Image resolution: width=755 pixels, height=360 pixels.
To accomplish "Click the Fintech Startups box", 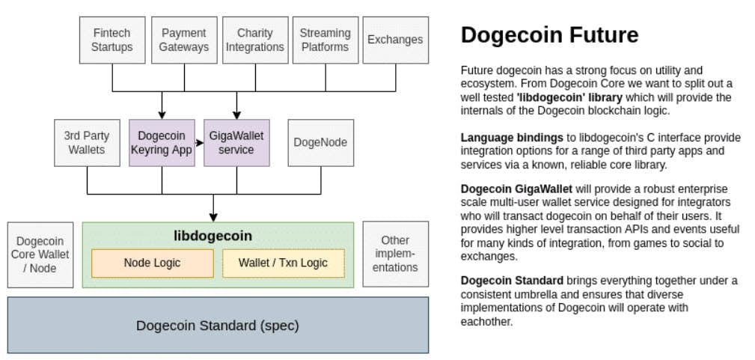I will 112,40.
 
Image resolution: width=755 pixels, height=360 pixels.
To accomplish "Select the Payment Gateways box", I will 185,40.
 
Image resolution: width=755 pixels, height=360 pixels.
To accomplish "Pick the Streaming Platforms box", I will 325,40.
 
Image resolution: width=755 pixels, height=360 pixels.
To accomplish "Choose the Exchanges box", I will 395,40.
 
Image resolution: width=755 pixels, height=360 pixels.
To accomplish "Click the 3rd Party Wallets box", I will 87,142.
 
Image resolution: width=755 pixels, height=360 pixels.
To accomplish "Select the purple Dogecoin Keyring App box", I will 162,142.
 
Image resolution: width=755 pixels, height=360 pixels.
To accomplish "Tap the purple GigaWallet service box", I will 236,142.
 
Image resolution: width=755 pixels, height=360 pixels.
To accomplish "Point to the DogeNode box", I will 320,142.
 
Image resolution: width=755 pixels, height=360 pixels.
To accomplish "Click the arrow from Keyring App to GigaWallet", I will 199,142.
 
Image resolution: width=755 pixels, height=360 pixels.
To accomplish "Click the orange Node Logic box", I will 152,263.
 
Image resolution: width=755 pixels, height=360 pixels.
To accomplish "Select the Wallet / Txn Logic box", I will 283,263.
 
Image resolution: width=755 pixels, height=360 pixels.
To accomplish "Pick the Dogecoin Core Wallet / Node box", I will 41,254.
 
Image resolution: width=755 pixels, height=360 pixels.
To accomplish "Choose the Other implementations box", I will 395,254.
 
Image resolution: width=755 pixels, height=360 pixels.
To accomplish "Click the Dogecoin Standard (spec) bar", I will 218,326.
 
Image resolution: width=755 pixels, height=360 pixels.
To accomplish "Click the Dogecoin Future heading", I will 549,34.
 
